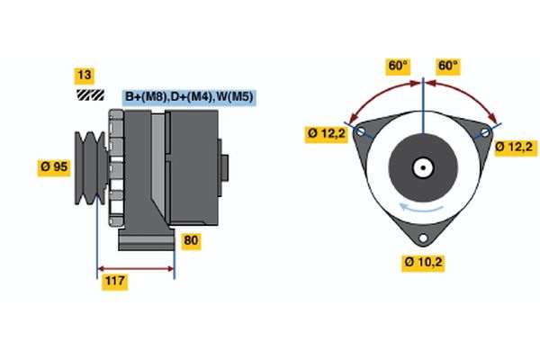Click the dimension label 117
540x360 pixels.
point(114,282)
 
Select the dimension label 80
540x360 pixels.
point(192,240)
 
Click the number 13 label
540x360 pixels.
point(85,75)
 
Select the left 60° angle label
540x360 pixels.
point(398,66)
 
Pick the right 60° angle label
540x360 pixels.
point(447,66)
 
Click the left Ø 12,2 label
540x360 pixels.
point(325,135)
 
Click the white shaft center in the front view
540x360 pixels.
point(422,166)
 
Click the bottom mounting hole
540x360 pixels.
point(423,238)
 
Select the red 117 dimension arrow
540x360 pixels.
point(135,268)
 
